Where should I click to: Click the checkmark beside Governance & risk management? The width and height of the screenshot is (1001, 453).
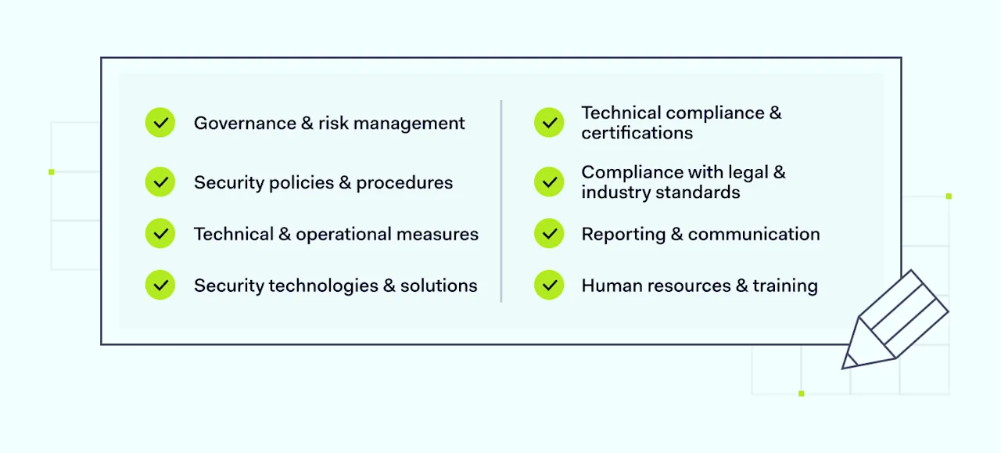tap(160, 123)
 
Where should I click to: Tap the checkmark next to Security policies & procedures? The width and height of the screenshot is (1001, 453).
tap(160, 182)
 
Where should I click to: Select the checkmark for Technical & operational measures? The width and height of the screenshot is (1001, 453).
tap(160, 234)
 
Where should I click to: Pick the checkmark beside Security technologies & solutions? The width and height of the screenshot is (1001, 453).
tap(160, 286)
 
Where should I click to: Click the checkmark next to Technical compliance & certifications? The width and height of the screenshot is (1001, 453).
tap(549, 123)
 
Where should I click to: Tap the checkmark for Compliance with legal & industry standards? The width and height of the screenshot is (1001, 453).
tap(549, 182)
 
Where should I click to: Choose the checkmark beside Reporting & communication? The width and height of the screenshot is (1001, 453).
tap(549, 234)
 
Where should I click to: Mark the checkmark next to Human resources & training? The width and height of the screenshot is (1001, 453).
tap(549, 286)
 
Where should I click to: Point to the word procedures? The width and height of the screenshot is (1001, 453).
tap(404, 183)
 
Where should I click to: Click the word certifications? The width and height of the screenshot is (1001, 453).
tap(637, 133)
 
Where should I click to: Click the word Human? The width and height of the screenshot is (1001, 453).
tap(607, 286)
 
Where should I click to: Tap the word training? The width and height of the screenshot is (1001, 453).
tap(785, 286)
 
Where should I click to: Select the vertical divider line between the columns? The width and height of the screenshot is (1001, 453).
tap(501, 201)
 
